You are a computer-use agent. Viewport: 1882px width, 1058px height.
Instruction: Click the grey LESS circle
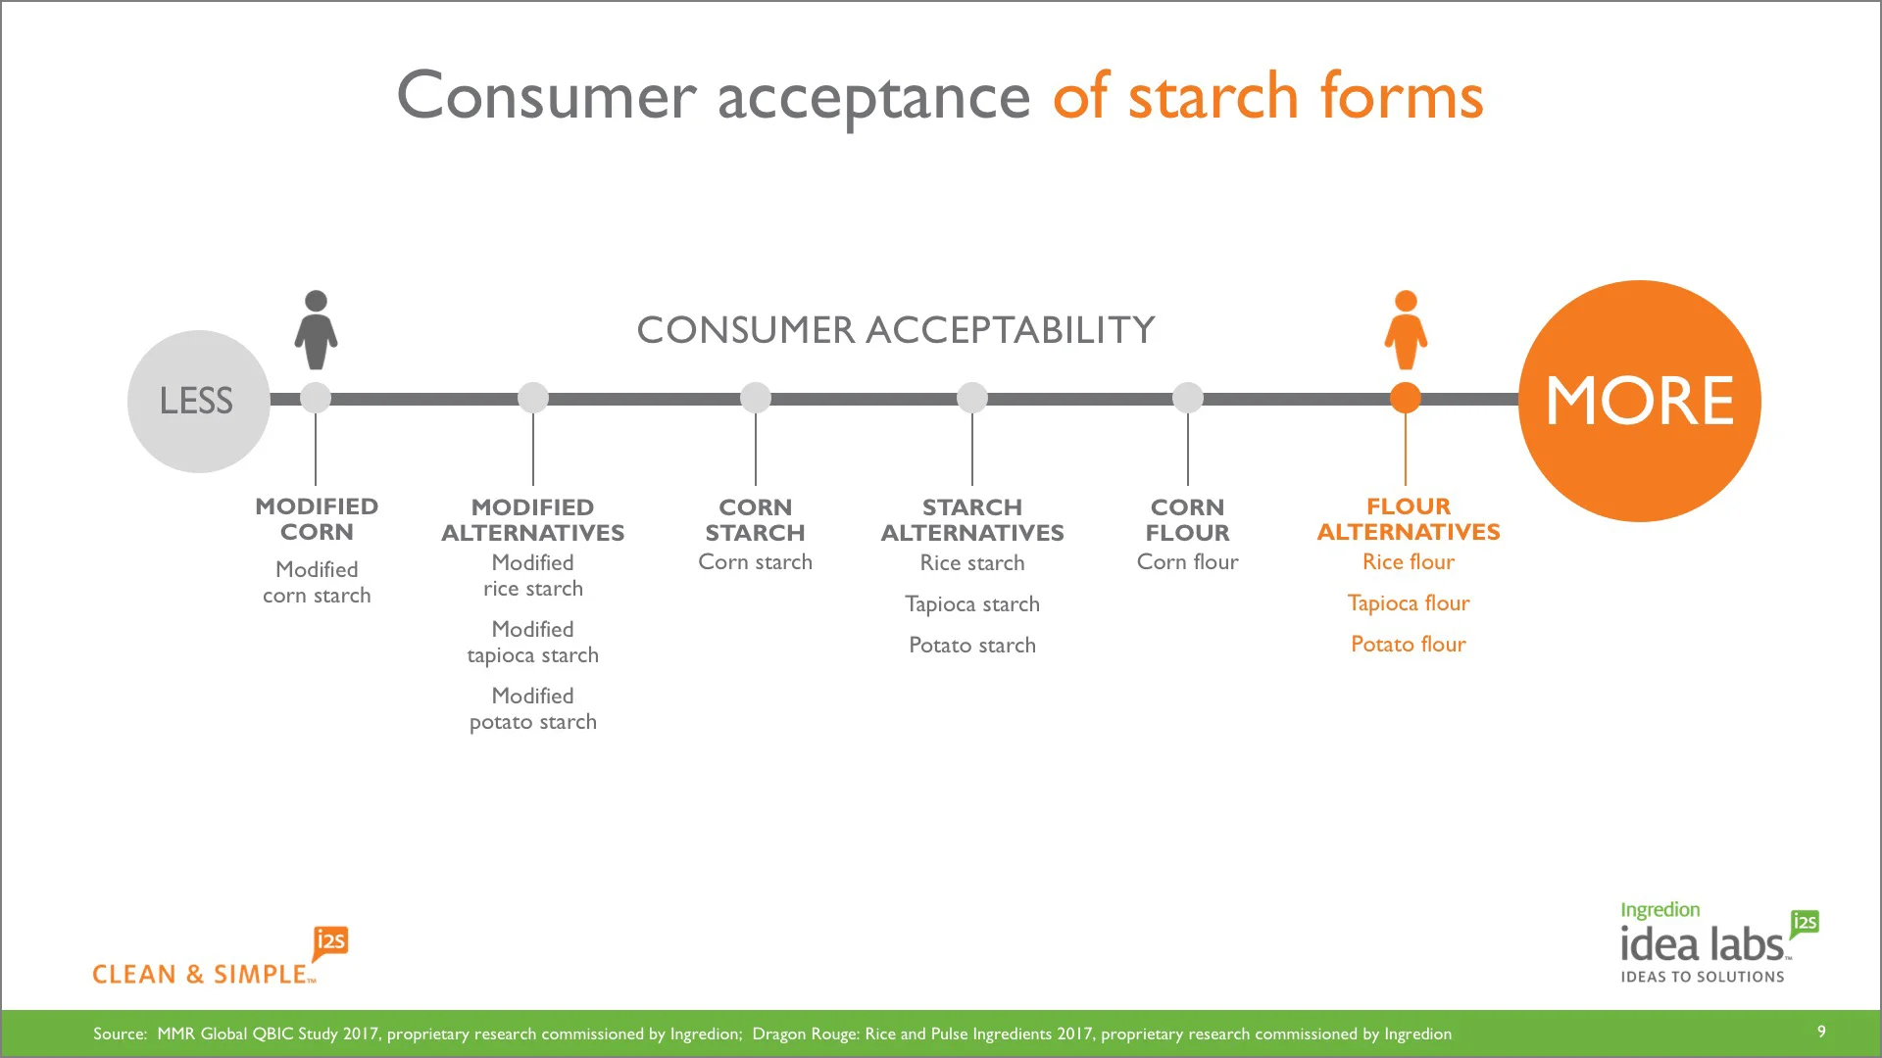[x=198, y=401]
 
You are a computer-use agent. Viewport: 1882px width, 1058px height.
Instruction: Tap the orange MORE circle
[x=1639, y=401]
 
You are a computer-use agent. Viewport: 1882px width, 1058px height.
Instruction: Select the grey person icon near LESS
[x=316, y=330]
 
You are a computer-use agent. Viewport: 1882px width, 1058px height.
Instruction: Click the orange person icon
[x=1406, y=330]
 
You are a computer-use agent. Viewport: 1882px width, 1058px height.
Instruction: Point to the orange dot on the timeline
[x=1406, y=398]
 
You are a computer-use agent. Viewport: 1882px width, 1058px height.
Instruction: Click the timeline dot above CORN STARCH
[x=756, y=398]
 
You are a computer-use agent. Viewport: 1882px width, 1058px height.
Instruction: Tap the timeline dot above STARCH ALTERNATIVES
[x=972, y=398]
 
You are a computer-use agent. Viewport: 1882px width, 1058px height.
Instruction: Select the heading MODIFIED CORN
[x=317, y=519]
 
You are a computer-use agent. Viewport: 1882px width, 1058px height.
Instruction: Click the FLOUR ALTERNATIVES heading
[x=1409, y=519]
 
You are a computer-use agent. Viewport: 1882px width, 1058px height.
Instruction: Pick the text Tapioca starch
[x=972, y=604]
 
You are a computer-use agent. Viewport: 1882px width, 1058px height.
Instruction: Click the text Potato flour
[x=1409, y=645]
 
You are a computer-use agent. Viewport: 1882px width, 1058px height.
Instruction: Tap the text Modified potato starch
[x=532, y=709]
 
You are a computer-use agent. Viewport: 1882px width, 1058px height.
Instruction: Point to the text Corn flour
[x=1187, y=562]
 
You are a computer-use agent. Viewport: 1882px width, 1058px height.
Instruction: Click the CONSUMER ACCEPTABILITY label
[x=896, y=330]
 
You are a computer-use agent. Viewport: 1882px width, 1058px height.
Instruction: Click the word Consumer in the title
[x=546, y=96]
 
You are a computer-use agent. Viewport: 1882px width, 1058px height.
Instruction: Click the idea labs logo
[x=1703, y=944]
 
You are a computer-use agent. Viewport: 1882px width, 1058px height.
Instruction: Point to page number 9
[x=1821, y=1032]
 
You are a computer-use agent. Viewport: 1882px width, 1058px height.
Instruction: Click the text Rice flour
[x=1409, y=562]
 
